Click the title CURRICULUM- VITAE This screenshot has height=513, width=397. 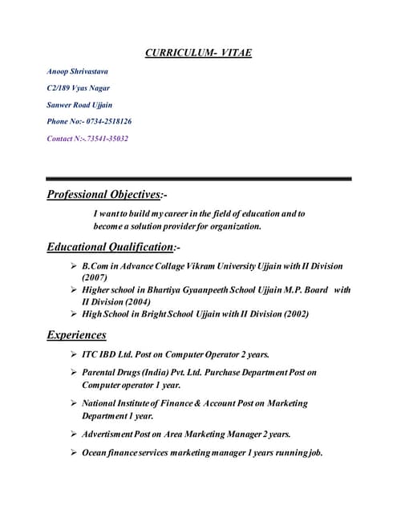(x=198, y=53)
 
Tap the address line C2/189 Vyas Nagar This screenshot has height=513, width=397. (x=79, y=88)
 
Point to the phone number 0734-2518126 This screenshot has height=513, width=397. (x=108, y=122)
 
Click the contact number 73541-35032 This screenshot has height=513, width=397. (x=99, y=139)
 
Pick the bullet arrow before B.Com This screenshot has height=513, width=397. (x=74, y=265)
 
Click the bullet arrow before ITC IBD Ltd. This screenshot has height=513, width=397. (x=74, y=353)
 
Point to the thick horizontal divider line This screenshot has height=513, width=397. (x=198, y=178)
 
